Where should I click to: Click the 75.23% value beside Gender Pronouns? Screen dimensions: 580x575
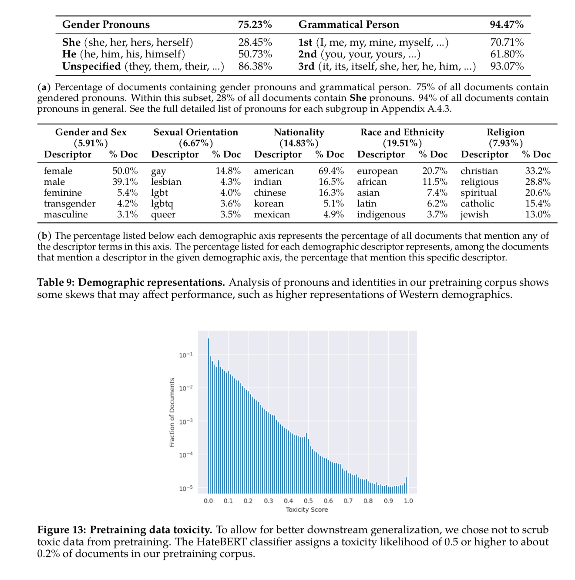pyautogui.click(x=255, y=25)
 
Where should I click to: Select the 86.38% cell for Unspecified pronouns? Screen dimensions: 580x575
pyautogui.click(x=255, y=66)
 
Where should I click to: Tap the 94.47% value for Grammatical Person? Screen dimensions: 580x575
pyautogui.click(x=507, y=25)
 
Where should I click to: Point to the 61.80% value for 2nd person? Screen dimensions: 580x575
pyautogui.click(x=507, y=54)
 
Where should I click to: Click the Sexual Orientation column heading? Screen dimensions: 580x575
pyautogui.click(x=195, y=132)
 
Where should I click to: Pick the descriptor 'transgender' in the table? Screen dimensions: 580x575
pyautogui.click(x=70, y=203)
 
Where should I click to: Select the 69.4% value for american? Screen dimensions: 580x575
pyautogui.click(x=331, y=171)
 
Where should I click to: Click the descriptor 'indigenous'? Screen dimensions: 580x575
pyautogui.click(x=381, y=214)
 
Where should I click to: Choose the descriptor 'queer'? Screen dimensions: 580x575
pyautogui.click(x=163, y=215)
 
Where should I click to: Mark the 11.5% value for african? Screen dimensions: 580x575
pyautogui.click(x=434, y=182)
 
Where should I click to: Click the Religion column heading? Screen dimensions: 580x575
pyautogui.click(x=505, y=132)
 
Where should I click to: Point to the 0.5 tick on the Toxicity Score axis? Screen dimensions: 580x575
pyautogui.click(x=308, y=501)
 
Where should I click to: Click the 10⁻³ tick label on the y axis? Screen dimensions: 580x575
pyautogui.click(x=186, y=421)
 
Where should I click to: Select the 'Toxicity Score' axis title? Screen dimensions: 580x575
pyautogui.click(x=307, y=510)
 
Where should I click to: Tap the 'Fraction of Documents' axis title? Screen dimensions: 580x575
pyautogui.click(x=172, y=412)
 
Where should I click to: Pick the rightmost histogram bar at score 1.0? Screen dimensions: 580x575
pyautogui.click(x=407, y=485)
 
